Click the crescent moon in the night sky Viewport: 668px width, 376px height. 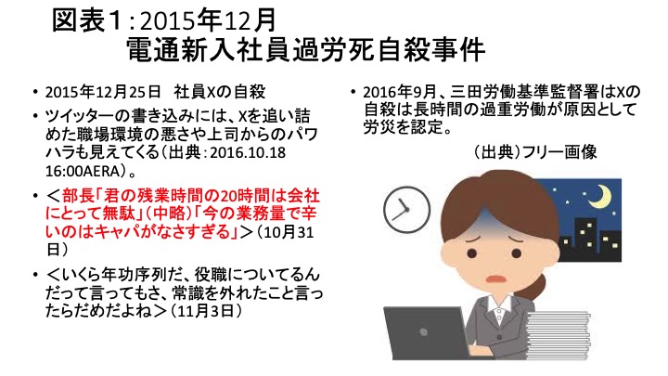click(599, 197)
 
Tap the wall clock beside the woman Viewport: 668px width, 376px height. click(406, 209)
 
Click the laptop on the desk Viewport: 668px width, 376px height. click(426, 333)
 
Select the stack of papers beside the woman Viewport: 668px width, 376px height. click(559, 335)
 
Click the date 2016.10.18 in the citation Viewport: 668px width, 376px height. click(248, 152)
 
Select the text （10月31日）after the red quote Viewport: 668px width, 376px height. click(180, 240)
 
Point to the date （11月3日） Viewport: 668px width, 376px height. click(206, 311)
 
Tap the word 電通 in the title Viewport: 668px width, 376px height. click(151, 50)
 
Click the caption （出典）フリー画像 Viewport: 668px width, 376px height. click(533, 151)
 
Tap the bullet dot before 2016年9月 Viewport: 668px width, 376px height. click(353, 92)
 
